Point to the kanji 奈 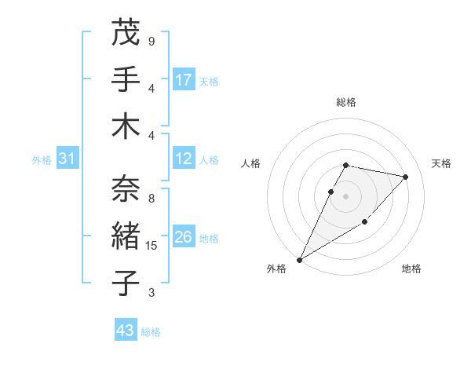coord(126,188)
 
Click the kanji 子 coord(126,282)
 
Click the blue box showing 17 coord(184,79)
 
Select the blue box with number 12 coord(184,159)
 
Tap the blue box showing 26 coord(184,237)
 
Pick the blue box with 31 coord(67,159)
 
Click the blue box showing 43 coord(125,331)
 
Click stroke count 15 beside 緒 coord(152,246)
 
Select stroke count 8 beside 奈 coord(151,199)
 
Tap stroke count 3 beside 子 coord(151,293)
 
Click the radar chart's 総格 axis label coord(346,102)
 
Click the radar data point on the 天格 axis coord(406,177)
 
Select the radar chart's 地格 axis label coord(411,269)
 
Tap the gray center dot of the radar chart coord(346,196)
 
